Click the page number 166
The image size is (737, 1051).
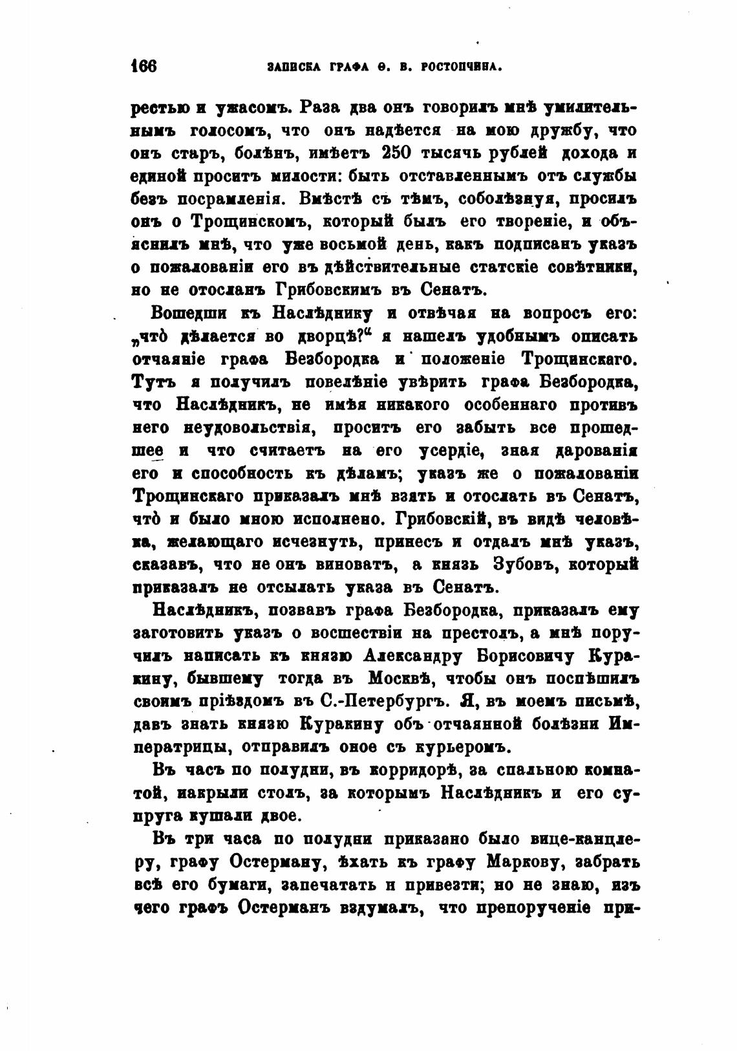145,67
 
